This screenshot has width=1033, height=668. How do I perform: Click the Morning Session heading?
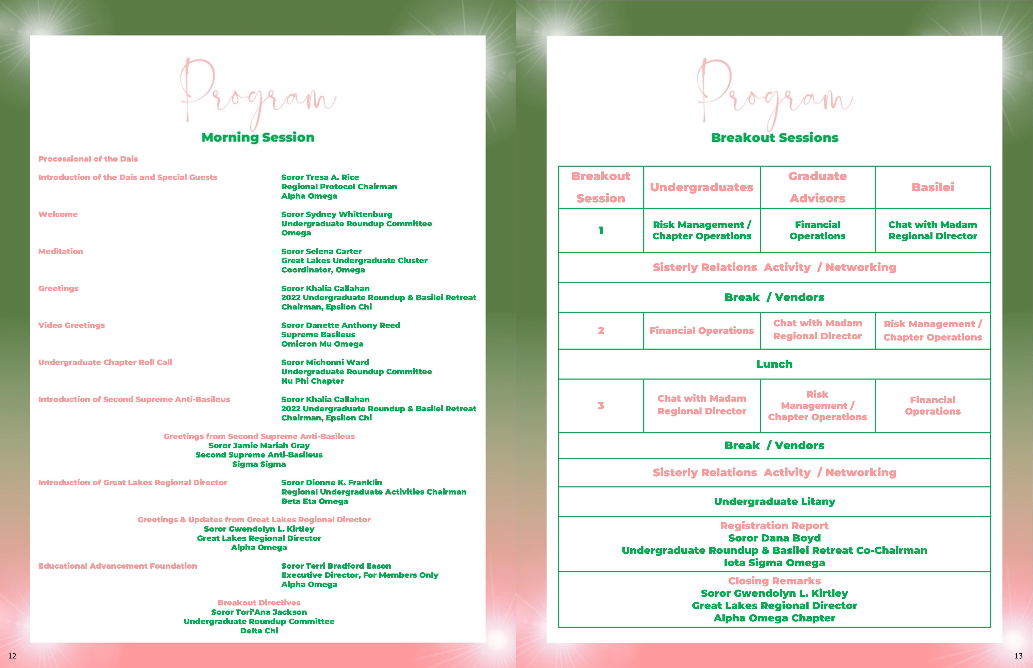258,137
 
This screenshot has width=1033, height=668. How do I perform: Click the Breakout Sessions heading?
774,138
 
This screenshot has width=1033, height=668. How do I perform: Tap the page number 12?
12,655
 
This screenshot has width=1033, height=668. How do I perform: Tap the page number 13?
1018,655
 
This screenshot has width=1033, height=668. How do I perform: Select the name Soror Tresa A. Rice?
320,177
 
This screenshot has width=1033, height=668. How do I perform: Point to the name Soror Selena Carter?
321,252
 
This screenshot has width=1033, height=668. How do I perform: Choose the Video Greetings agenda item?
72,325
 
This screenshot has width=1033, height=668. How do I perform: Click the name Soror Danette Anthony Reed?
340,325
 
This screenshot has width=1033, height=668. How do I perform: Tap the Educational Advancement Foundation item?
118,566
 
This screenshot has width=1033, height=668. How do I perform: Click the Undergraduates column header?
701,187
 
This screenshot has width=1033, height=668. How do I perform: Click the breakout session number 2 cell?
601,331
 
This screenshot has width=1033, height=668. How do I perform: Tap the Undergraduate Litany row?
774,502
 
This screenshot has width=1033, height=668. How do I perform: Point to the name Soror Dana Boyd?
774,538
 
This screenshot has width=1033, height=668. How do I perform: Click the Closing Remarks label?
774,581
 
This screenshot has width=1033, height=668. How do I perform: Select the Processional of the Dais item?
88,159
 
